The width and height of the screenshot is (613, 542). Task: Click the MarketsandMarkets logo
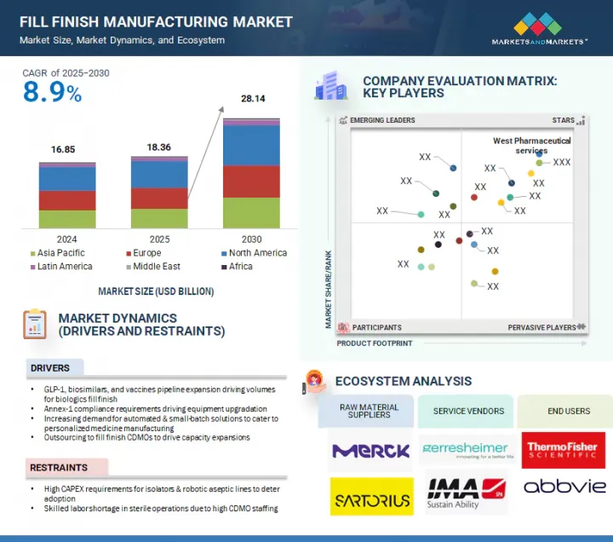539,29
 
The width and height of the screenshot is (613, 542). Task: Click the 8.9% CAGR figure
52,94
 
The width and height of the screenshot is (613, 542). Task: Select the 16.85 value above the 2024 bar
63,150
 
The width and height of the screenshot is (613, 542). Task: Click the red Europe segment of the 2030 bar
251,182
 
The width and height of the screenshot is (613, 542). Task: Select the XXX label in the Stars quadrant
562,162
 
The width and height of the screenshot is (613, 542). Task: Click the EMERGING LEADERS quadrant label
382,121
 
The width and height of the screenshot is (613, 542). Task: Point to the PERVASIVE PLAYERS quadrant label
541,327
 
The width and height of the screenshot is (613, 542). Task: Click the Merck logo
370,451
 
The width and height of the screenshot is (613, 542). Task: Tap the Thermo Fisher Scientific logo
564,450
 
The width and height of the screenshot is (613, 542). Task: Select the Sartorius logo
370,496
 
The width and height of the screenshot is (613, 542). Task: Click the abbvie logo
564,487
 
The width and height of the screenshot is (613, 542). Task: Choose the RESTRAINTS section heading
60,468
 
